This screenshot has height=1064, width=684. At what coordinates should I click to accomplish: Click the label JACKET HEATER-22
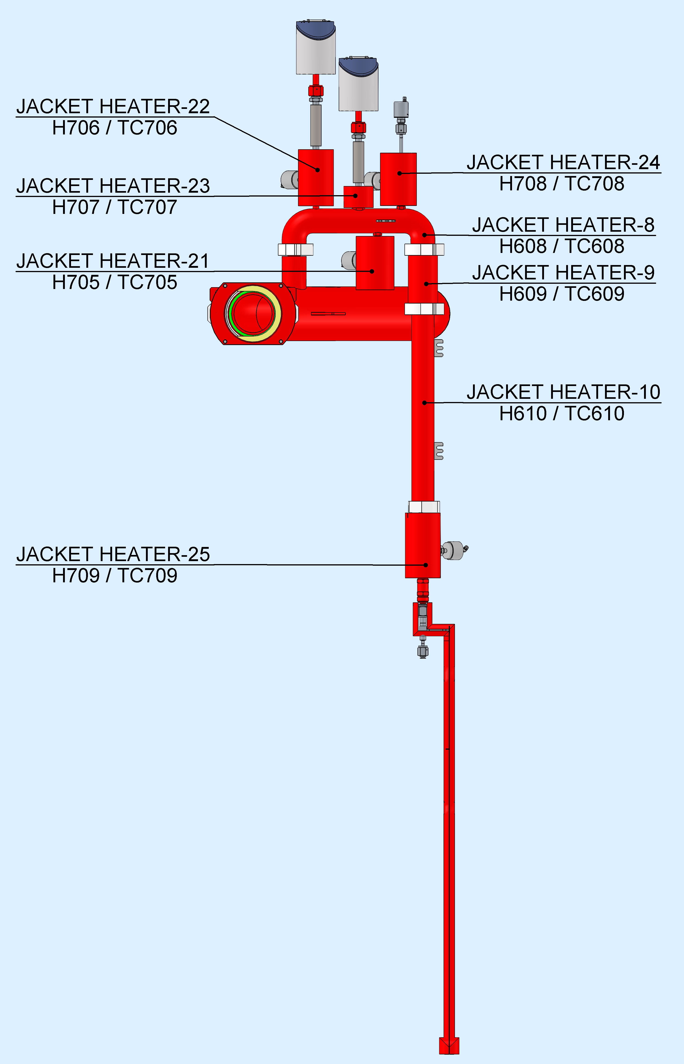click(113, 107)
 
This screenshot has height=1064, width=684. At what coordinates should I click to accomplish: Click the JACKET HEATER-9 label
click(563, 273)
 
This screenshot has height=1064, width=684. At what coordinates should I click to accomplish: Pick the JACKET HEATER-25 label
click(113, 554)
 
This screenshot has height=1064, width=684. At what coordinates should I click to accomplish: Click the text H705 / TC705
click(115, 282)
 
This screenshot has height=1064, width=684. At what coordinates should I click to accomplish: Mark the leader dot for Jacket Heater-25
click(425, 565)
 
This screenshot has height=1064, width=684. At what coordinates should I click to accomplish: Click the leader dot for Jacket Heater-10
click(424, 403)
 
